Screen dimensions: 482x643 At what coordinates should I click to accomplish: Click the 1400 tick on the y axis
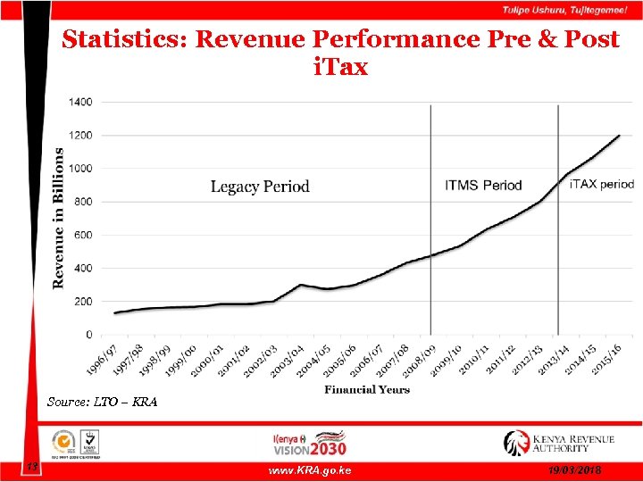(x=79, y=103)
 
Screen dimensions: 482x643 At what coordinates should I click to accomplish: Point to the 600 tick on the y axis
(x=82, y=236)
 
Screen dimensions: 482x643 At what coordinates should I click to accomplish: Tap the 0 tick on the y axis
(x=88, y=335)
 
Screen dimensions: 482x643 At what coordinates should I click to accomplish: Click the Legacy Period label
(x=260, y=187)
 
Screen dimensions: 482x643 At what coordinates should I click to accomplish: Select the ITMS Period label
(x=483, y=186)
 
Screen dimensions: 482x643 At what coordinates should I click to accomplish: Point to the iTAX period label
(x=602, y=185)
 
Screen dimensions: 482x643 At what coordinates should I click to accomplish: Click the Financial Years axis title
(x=367, y=389)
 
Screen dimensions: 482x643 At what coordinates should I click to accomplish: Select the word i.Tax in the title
(x=340, y=67)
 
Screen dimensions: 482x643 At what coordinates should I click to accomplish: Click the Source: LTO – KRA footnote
(x=102, y=403)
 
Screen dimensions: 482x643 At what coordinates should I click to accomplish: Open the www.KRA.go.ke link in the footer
(x=310, y=470)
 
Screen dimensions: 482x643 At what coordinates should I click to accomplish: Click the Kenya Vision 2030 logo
(x=310, y=443)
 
